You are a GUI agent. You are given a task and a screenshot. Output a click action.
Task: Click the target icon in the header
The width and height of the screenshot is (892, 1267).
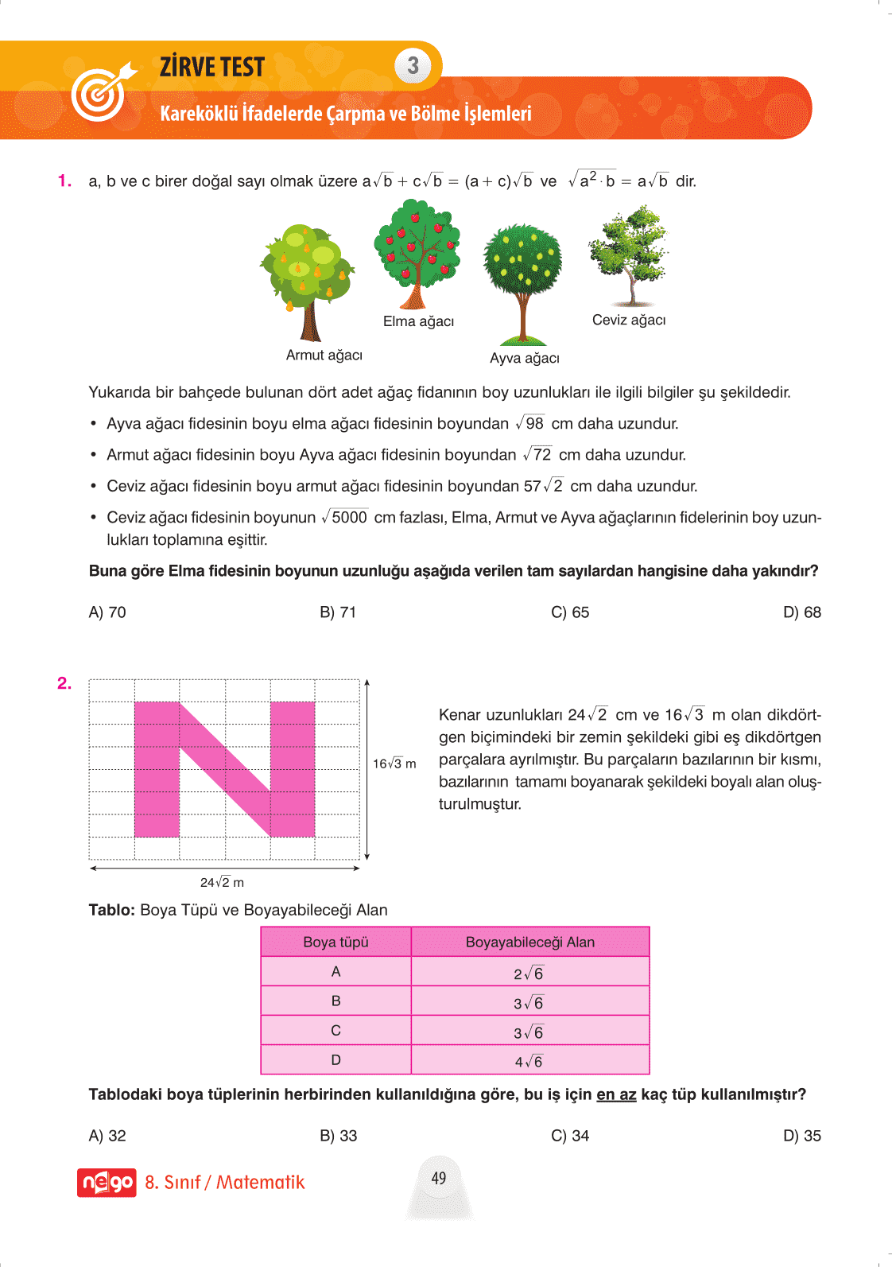[100, 94]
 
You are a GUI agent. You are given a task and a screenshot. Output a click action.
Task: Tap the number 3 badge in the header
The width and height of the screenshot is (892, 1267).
[413, 66]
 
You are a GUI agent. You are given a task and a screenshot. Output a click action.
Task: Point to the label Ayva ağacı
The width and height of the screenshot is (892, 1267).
[525, 359]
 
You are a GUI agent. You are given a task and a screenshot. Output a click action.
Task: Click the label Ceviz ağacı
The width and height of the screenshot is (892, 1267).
[629, 321]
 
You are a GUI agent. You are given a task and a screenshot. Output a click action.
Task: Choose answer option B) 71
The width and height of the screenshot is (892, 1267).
[338, 612]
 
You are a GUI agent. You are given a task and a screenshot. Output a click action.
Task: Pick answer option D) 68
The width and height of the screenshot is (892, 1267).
[801, 612]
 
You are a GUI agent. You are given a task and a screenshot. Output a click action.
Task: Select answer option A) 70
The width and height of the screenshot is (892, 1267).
[107, 612]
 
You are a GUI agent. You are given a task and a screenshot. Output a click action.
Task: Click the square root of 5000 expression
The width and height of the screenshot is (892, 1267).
[344, 518]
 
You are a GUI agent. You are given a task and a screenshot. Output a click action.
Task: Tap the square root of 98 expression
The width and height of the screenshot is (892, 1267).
[530, 424]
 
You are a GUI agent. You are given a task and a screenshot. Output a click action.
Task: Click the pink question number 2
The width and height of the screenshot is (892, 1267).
[64, 683]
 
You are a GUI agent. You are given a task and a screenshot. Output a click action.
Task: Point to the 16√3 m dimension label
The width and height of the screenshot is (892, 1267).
[394, 764]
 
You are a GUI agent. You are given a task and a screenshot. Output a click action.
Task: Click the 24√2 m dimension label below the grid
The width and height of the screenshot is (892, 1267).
[222, 883]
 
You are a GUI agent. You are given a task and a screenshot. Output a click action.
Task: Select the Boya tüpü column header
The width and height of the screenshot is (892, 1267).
[335, 942]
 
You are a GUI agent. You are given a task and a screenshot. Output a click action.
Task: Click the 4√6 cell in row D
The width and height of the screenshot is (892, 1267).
[529, 1062]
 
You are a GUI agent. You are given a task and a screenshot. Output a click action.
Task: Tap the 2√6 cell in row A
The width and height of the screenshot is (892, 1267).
[529, 974]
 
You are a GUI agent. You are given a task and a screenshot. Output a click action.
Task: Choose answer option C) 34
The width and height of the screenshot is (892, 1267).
[570, 1136]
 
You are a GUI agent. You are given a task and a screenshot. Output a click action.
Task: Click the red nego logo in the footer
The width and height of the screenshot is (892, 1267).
[107, 1183]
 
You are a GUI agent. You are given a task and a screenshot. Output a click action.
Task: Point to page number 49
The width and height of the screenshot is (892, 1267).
[439, 1179]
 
